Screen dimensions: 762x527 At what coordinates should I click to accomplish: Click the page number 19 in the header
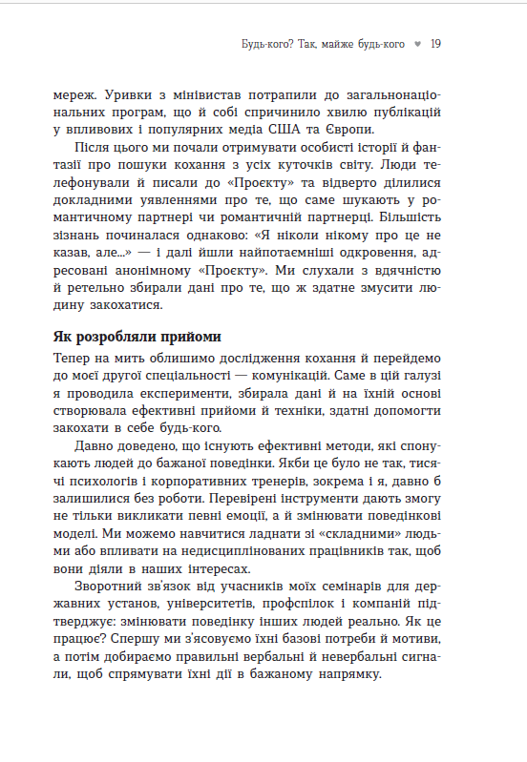coord(434,44)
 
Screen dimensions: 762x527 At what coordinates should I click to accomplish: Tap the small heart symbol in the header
coord(418,44)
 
